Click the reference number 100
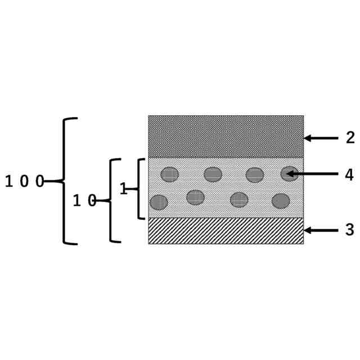24,182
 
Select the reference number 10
85,201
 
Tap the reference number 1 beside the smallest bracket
123,189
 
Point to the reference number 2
350,138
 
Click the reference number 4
349,175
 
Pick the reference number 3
349,230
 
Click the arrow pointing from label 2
321,138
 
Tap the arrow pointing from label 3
321,230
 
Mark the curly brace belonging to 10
113,200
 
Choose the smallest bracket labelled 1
139,189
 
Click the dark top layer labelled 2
226,136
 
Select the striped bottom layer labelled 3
226,231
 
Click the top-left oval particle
169,174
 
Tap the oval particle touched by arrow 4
289,174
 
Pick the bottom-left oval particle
159,202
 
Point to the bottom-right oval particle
281,201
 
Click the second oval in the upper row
213,174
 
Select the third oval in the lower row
239,200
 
